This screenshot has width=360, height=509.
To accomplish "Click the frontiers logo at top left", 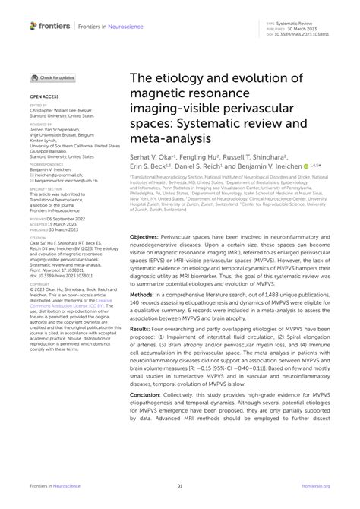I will pyautogui.click(x=50, y=26).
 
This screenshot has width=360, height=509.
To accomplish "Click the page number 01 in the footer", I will pyautogui.click(x=180, y=486).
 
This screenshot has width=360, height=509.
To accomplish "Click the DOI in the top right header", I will pyautogui.click(x=300, y=34).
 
